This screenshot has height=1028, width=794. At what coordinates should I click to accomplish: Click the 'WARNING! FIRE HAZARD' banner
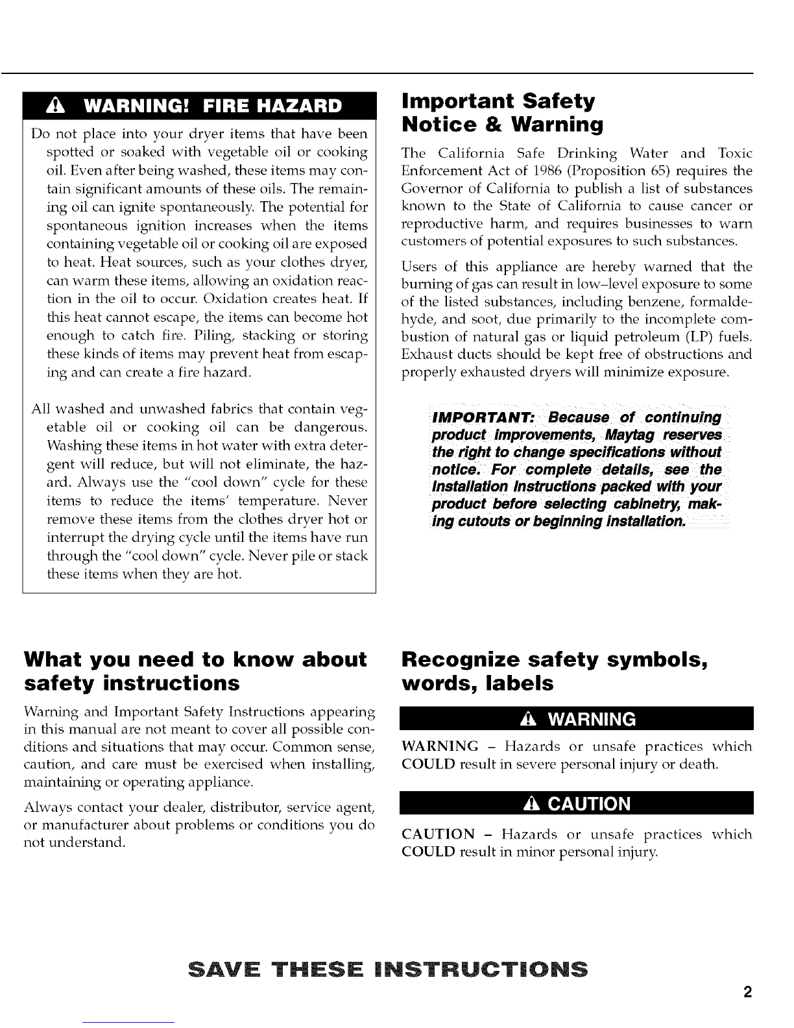[x=200, y=106]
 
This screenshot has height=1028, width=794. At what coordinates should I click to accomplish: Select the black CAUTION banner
[x=577, y=803]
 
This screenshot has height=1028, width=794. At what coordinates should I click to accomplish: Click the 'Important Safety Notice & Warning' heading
[x=503, y=112]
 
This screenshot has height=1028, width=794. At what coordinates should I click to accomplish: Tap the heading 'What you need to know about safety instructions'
[x=195, y=671]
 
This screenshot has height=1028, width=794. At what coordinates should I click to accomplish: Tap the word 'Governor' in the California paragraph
[x=429, y=188]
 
